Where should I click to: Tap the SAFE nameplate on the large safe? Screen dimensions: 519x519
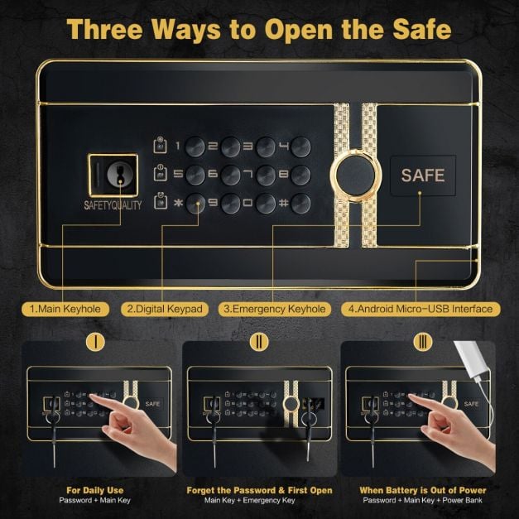423,175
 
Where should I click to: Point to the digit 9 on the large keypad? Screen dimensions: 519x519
212,203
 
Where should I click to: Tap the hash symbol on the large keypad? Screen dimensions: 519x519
282,203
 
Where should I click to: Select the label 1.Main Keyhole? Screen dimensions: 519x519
65,309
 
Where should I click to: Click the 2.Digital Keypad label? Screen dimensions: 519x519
165,309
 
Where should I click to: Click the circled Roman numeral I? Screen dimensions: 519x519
97,342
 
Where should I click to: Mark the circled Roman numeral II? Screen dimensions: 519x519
259,342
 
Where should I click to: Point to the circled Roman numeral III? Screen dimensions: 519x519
421,342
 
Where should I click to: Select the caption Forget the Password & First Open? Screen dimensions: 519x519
259,490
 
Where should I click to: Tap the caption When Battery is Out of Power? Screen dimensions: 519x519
421,490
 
